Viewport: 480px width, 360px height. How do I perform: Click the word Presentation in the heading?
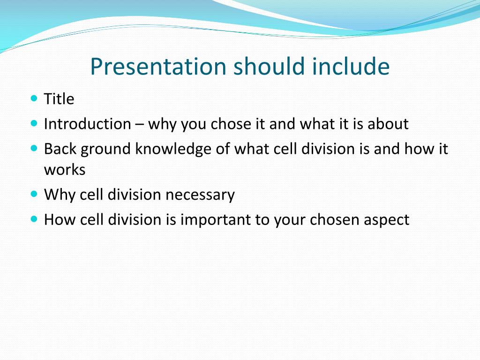158,67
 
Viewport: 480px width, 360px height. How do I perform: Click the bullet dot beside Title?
34,98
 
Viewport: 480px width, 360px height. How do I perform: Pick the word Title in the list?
59,99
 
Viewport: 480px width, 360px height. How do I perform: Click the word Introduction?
88,124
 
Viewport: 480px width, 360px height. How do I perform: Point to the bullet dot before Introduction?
34,123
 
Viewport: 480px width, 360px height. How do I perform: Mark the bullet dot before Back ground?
34,148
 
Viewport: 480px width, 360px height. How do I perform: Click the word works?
65,170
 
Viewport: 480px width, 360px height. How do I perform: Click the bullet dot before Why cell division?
34,194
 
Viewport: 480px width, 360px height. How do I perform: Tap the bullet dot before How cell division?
34,219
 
